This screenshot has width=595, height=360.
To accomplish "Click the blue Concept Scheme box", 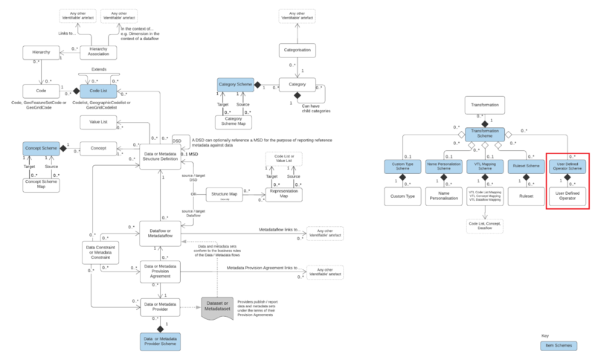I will [x=40, y=149].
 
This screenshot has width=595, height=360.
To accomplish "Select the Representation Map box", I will [x=285, y=194].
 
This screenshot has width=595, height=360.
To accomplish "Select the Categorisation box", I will [x=297, y=51].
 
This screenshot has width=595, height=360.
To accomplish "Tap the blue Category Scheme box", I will [x=237, y=86].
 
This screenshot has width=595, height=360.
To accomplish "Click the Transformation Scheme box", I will [x=485, y=135].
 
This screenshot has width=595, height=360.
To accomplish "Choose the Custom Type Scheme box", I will [x=402, y=167].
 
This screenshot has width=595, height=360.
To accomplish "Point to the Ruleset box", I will [x=527, y=196].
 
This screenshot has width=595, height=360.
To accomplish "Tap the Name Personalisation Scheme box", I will [x=444, y=167].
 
